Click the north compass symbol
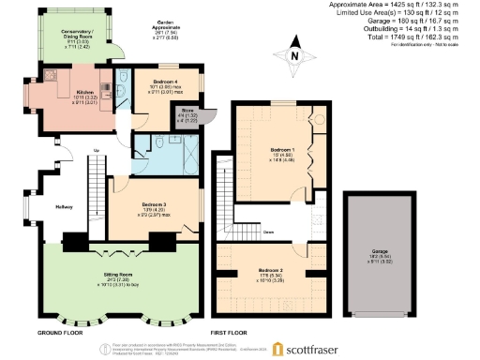click(x=292, y=55)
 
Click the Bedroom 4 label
click(x=165, y=82)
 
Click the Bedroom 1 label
click(x=282, y=150)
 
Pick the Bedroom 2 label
click(x=271, y=272)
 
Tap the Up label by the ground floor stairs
click(x=97, y=149)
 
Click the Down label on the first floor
click(x=268, y=231)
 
